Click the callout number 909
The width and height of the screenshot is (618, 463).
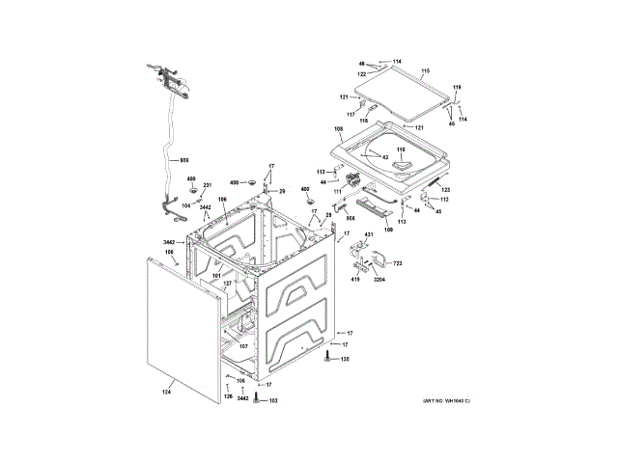(x=184, y=159)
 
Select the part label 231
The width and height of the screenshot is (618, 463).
(x=207, y=186)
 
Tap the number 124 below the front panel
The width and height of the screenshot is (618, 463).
(x=166, y=391)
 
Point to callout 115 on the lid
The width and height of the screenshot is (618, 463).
(x=425, y=71)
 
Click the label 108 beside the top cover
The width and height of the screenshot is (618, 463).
(x=338, y=129)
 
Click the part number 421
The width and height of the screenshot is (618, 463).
(x=368, y=235)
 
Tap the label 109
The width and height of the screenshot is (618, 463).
(x=389, y=230)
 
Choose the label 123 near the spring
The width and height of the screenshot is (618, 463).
(x=445, y=190)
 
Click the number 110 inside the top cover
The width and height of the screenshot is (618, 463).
(x=400, y=150)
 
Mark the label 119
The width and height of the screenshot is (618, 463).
(x=458, y=88)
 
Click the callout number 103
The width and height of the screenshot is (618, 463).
(x=272, y=399)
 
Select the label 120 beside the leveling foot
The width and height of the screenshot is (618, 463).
(x=344, y=360)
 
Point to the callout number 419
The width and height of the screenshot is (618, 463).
(x=355, y=280)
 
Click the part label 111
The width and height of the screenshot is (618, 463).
(x=339, y=192)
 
